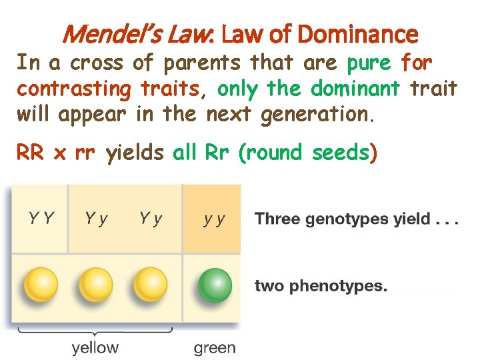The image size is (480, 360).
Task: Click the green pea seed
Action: [x=215, y=286]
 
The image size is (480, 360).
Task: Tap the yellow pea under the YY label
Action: [x=41, y=286]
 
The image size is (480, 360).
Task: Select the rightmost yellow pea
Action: [x=151, y=286]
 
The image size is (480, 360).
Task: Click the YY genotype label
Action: [x=41, y=218]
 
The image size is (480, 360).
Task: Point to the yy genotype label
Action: [x=214, y=219]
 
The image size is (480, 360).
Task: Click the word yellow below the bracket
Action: [x=95, y=347]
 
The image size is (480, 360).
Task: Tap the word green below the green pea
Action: [x=215, y=347]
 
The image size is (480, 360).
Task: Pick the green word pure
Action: [x=369, y=63]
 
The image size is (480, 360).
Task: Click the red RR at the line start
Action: [x=30, y=154]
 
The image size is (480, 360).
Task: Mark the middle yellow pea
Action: [x=96, y=286]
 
